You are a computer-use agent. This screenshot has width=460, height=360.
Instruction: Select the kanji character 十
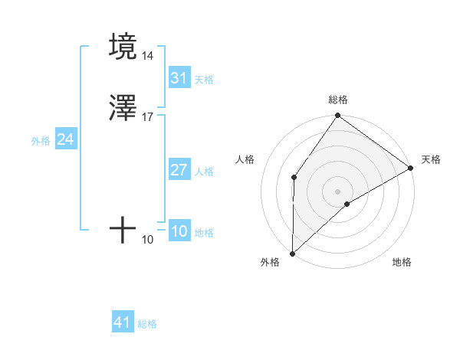[x=123, y=230]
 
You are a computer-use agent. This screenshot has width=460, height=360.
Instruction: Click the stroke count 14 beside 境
[x=147, y=57]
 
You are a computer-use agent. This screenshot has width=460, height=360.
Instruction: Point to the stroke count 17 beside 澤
[x=147, y=116]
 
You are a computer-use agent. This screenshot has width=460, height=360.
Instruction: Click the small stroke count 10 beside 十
[x=147, y=240]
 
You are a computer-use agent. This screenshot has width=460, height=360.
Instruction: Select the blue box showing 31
[x=179, y=78]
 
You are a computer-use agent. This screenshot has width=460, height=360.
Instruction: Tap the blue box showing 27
[x=179, y=170]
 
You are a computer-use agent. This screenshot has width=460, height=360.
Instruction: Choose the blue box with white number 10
[x=179, y=231]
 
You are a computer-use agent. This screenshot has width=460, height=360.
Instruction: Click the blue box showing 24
[x=66, y=139]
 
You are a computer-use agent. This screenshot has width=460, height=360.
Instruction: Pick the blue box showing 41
[x=123, y=322]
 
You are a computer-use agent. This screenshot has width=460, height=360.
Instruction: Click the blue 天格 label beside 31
[x=204, y=80]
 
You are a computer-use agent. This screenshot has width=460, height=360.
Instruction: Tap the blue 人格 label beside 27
[x=204, y=172]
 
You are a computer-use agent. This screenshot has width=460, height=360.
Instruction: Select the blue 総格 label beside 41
[x=147, y=324]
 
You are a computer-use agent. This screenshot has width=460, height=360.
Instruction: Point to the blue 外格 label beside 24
[x=41, y=141]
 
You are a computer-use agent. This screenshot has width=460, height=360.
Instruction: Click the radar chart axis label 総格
[x=338, y=100]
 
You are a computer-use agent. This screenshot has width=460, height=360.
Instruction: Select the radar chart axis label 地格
[x=402, y=262]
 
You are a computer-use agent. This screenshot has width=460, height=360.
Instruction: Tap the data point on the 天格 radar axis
[x=411, y=169]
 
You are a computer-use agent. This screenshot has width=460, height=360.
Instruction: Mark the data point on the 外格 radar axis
[x=292, y=253]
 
